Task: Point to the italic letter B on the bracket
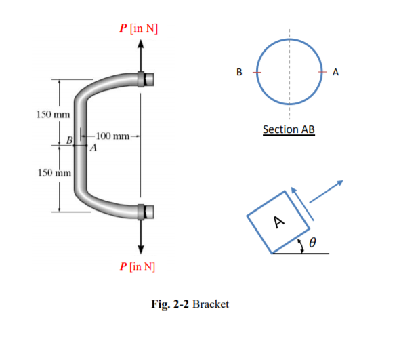tap(69, 140)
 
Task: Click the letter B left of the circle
tap(238, 71)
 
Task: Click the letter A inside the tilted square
tap(278, 221)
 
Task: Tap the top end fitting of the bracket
tap(146, 79)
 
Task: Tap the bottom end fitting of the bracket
tap(146, 212)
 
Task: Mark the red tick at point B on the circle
tap(256, 71)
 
